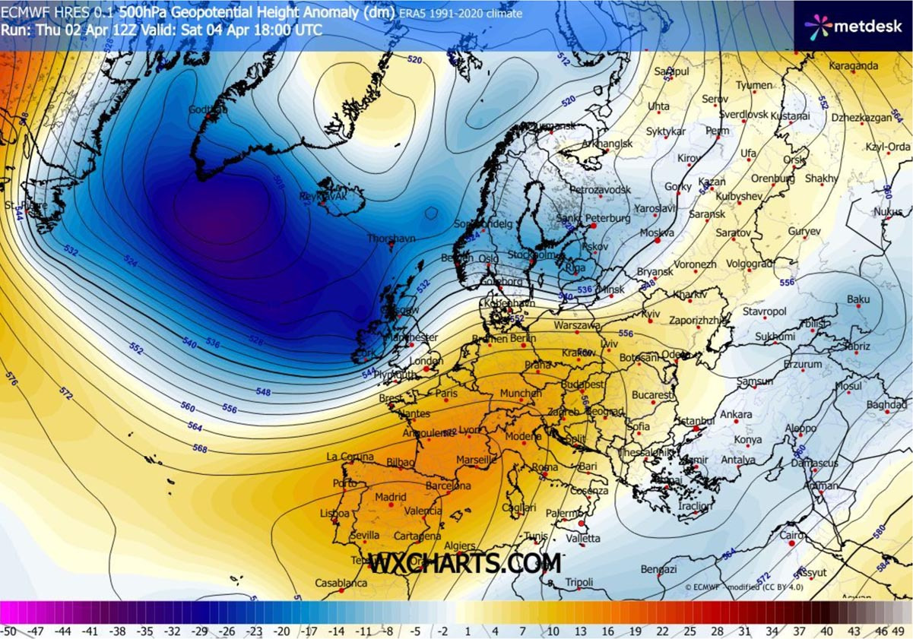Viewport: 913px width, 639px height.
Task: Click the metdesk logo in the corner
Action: (853, 26)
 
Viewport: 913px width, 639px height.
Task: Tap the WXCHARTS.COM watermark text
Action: (464, 564)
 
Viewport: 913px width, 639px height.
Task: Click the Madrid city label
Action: (392, 498)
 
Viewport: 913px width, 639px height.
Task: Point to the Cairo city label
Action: (792, 536)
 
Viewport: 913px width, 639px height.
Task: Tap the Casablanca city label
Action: (342, 584)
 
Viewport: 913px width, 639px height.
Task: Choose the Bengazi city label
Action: (658, 569)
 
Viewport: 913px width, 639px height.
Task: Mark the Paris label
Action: (446, 394)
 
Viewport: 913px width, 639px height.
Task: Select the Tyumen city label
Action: (754, 85)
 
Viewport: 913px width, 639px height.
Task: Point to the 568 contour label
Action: (200, 449)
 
